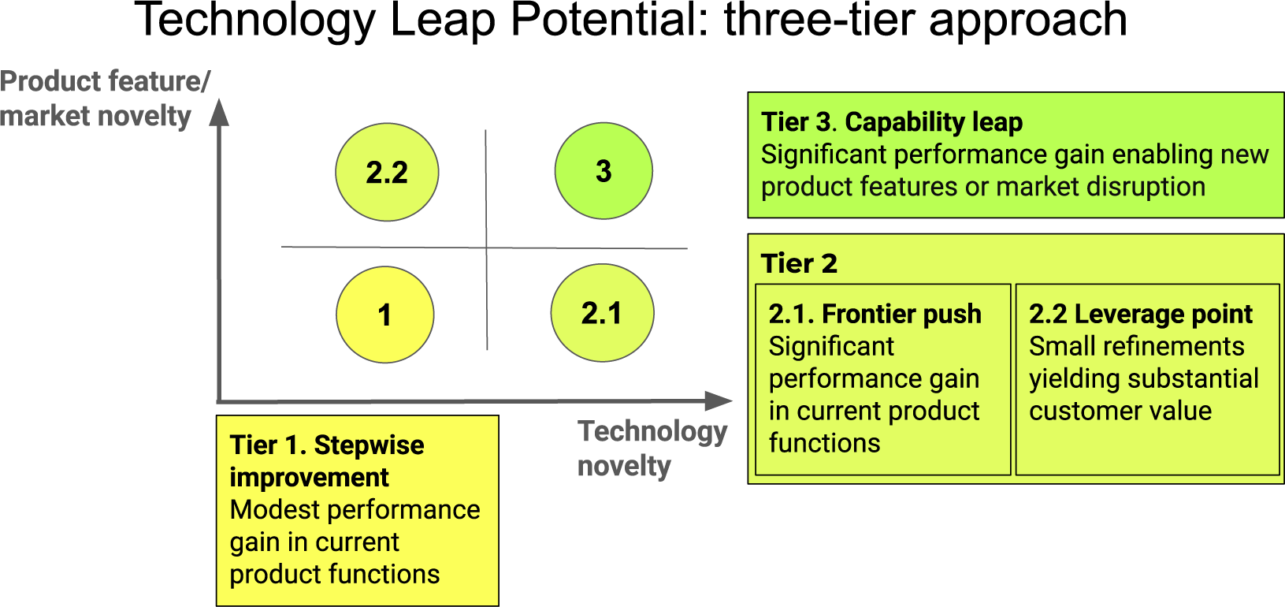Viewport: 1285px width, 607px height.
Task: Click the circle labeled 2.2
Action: tap(387, 172)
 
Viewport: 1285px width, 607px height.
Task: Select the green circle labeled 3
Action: tap(604, 171)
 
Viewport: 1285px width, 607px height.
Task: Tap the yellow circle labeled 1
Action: tap(384, 315)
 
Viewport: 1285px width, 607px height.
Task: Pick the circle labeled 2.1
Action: tap(602, 312)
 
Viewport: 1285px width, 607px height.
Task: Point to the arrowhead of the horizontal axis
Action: tap(718, 400)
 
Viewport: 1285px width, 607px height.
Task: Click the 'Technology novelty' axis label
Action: tap(652, 448)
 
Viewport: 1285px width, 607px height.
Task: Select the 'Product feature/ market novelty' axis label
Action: tap(105, 99)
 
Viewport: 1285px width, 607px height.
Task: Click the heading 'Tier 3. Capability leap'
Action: tap(891, 122)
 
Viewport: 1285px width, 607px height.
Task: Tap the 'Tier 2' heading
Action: tap(798, 263)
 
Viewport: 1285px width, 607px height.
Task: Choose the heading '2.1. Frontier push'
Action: tap(875, 314)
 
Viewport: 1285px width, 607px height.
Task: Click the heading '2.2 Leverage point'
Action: tap(1140, 314)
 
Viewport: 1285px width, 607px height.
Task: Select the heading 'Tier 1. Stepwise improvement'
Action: tap(326, 461)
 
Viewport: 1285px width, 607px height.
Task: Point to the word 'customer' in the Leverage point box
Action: tap(1081, 411)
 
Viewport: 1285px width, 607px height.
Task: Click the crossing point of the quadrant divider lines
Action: tap(486, 248)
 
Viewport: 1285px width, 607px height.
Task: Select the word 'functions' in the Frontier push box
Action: tap(824, 443)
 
